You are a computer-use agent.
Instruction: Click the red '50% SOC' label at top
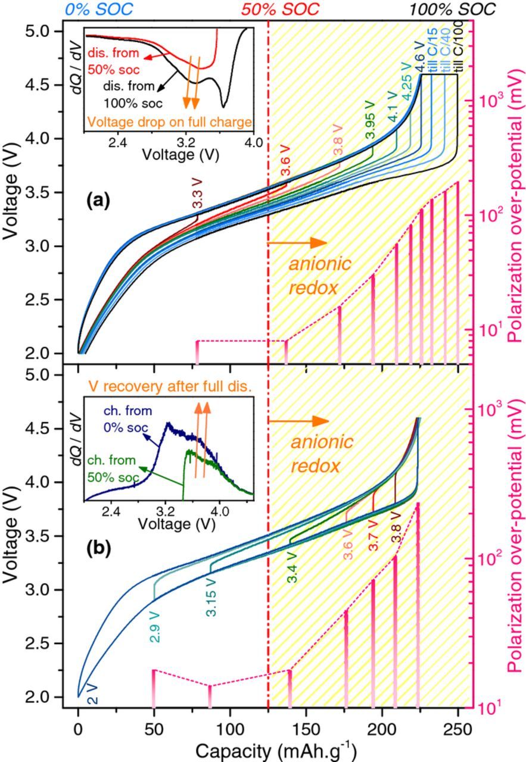[280, 9]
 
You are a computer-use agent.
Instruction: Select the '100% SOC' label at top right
[456, 9]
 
